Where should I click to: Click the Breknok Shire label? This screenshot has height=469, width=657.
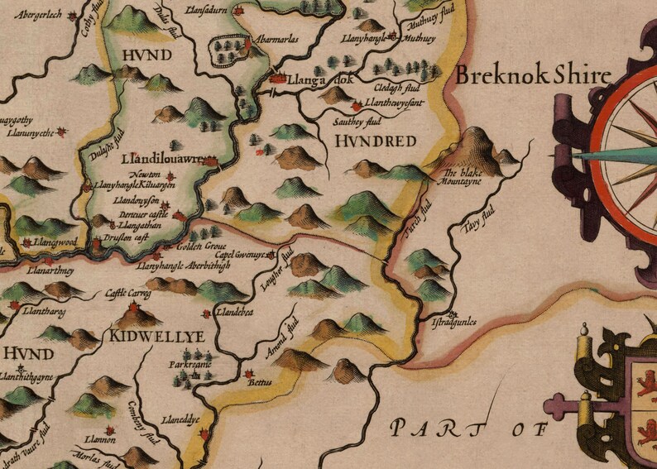[533, 77]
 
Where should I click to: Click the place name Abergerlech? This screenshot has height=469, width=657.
[39, 15]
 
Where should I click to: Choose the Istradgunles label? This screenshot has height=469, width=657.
[455, 322]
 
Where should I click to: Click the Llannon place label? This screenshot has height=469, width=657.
[98, 440]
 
